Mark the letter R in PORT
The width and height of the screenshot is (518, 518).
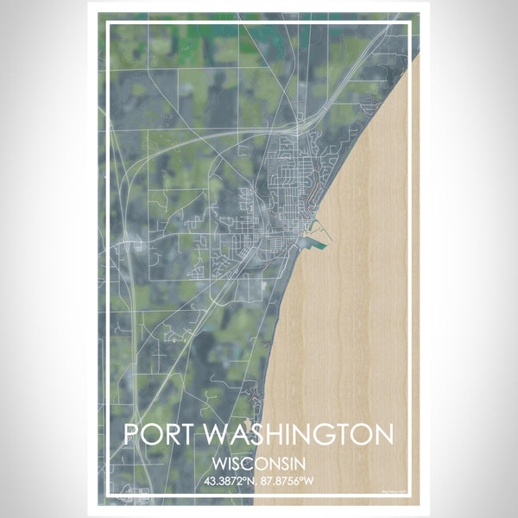(170, 434)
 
